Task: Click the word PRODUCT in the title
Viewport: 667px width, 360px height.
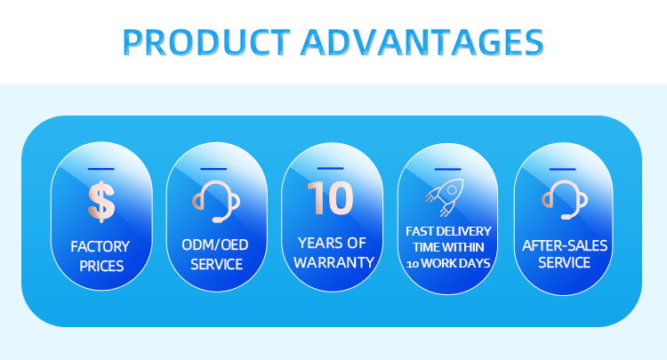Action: tap(204, 41)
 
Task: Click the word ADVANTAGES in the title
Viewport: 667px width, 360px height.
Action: tap(420, 41)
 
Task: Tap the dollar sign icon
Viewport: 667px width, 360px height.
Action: tap(101, 200)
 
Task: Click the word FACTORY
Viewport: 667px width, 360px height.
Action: tap(101, 245)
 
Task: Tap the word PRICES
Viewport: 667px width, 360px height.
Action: tap(101, 264)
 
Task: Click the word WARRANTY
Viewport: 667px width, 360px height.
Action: tap(332, 263)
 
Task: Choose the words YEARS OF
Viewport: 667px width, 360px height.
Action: tap(332, 244)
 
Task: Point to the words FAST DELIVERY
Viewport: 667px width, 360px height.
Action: tap(446, 233)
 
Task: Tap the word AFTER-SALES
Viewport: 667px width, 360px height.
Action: tap(564, 244)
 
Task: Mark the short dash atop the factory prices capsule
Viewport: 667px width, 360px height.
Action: tap(101, 168)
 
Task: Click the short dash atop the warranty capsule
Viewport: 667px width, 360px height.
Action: tap(331, 167)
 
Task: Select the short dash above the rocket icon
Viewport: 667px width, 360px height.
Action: tap(446, 168)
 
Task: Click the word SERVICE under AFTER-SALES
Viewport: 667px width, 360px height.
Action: tap(564, 263)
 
